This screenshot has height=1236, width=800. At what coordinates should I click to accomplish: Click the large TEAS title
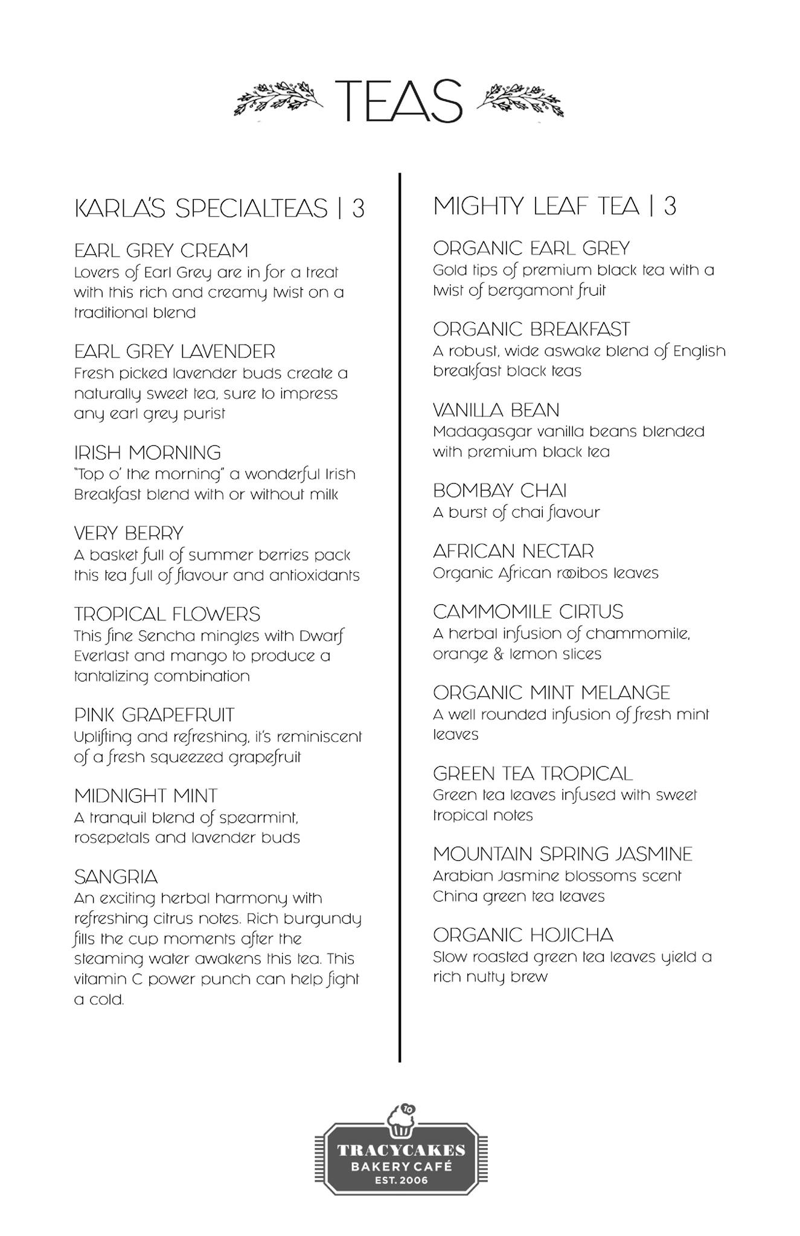pyautogui.click(x=398, y=100)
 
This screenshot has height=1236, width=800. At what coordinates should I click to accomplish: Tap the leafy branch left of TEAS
pyautogui.click(x=278, y=98)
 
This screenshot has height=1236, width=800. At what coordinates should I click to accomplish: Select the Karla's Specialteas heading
pyautogui.click(x=219, y=208)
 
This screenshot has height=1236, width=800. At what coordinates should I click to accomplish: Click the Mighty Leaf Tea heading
pyautogui.click(x=554, y=206)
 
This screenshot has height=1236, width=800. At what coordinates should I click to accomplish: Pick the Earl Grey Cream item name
pyautogui.click(x=161, y=250)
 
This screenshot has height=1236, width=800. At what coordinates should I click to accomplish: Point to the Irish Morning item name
pyautogui.click(x=147, y=453)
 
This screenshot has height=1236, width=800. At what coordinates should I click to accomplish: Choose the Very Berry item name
pyautogui.click(x=129, y=534)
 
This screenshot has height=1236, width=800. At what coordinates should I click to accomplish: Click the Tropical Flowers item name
pyautogui.click(x=167, y=614)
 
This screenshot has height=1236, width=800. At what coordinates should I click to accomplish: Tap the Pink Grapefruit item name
pyautogui.click(x=154, y=715)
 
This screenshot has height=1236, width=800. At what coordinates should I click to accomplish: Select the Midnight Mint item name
pyautogui.click(x=146, y=796)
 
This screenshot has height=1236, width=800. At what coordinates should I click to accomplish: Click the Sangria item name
pyautogui.click(x=116, y=877)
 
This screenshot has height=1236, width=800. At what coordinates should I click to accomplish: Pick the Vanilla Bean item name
pyautogui.click(x=496, y=410)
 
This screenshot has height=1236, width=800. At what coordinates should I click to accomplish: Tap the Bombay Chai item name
pyautogui.click(x=500, y=491)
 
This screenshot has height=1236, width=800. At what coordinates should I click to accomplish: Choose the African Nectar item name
pyautogui.click(x=513, y=551)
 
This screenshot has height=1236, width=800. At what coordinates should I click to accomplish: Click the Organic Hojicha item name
pyautogui.click(x=523, y=935)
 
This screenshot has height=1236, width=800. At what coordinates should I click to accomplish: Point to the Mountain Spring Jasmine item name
pyautogui.click(x=563, y=855)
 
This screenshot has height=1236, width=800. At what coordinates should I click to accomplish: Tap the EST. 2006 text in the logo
pyautogui.click(x=401, y=1180)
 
